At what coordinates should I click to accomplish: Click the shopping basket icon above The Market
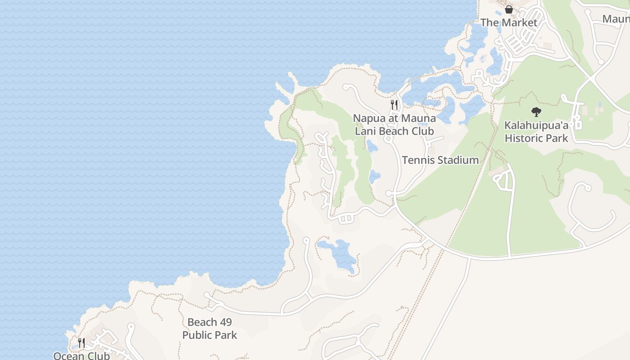[509, 9]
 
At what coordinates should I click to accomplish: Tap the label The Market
[509, 22]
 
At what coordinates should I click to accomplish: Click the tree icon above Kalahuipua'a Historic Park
[536, 112]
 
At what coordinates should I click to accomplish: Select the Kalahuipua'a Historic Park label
[536, 131]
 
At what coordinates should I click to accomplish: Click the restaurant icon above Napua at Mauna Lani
[394, 105]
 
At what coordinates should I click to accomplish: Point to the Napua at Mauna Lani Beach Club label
[394, 125]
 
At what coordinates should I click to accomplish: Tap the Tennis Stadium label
[440, 160]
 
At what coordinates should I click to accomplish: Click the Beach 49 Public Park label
[210, 328]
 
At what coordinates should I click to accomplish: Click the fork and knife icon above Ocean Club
[81, 343]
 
